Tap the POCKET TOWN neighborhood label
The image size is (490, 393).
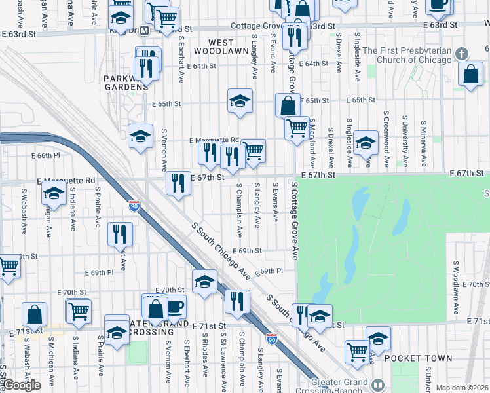[418, 358]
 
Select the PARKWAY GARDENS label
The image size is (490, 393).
[126, 83]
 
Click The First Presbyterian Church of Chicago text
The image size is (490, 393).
[407, 55]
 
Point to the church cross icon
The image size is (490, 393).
[462, 53]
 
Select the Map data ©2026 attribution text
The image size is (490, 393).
[462, 388]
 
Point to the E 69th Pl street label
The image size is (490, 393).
[269, 271]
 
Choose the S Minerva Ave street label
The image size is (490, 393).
[424, 143]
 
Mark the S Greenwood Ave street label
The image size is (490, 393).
[387, 143]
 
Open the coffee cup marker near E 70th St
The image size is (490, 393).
[175, 307]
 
